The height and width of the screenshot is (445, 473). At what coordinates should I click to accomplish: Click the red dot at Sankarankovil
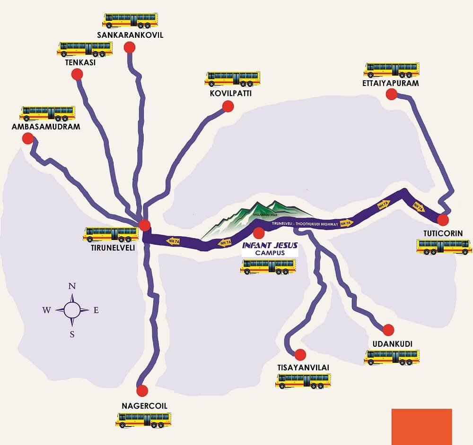tap(129, 47)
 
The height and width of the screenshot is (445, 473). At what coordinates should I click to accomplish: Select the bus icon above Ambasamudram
tap(47, 113)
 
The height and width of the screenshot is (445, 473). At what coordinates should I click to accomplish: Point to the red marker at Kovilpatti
tap(228, 106)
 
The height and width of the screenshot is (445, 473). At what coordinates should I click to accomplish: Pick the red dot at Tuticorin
tap(443, 220)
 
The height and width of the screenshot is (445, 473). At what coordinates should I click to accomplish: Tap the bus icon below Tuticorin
tap(444, 246)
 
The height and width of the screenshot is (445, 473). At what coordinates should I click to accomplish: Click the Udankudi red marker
tap(388, 330)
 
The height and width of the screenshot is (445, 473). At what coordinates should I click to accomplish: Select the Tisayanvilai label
tap(303, 367)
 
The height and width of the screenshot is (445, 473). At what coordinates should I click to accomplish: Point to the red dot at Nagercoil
tap(142, 391)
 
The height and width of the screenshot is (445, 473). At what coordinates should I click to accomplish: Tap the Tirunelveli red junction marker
tap(145, 225)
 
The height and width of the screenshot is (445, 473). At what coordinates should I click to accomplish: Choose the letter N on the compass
tap(72, 286)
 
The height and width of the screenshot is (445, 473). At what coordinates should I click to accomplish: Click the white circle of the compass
tap(72, 310)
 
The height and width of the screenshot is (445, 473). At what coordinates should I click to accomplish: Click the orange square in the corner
tap(421, 427)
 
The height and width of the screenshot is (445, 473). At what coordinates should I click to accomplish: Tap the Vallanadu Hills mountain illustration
tap(255, 218)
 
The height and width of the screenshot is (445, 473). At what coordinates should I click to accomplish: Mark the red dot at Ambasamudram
tap(27, 138)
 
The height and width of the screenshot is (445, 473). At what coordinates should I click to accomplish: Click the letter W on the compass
tap(47, 310)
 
